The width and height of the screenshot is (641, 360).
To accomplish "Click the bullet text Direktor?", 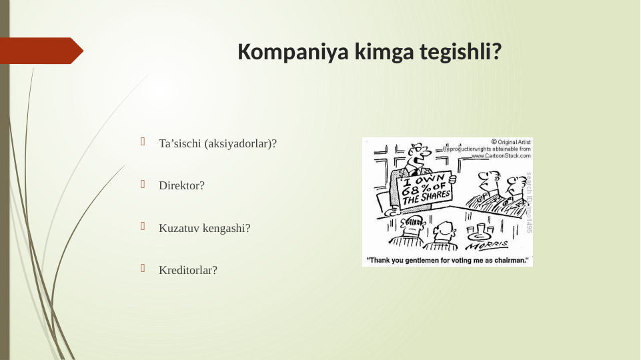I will [x=181, y=186].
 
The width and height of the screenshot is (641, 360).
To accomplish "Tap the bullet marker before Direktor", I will [x=142, y=185].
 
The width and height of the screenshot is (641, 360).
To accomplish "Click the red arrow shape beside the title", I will [x=41, y=51].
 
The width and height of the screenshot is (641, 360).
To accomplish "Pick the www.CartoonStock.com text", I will [x=501, y=155].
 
